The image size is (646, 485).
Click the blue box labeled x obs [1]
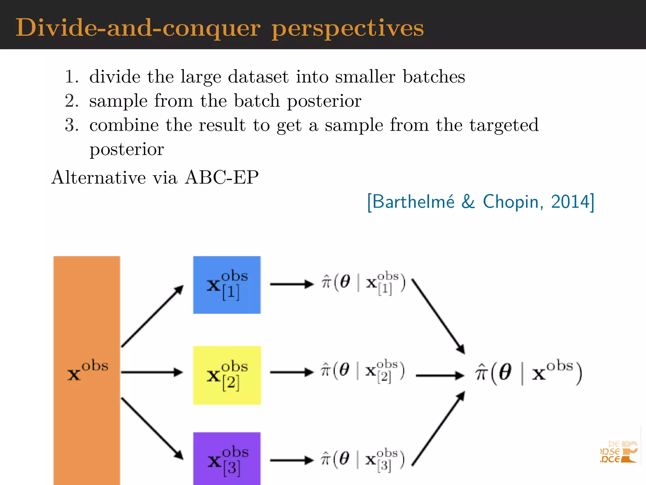(227, 284)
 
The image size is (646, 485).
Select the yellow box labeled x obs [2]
(227, 375)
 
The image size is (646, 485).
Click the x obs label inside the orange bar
(88, 370)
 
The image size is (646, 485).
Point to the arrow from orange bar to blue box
(152, 316)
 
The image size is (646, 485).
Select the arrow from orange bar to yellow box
(152, 372)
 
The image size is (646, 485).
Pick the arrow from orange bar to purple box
(152, 428)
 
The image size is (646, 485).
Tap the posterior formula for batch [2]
(363, 371)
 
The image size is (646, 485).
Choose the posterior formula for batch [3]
(363, 460)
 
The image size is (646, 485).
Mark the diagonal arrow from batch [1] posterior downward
(438, 316)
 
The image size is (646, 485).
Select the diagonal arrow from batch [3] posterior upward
(438, 429)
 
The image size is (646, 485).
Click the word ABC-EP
(222, 177)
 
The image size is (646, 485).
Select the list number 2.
(71, 101)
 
